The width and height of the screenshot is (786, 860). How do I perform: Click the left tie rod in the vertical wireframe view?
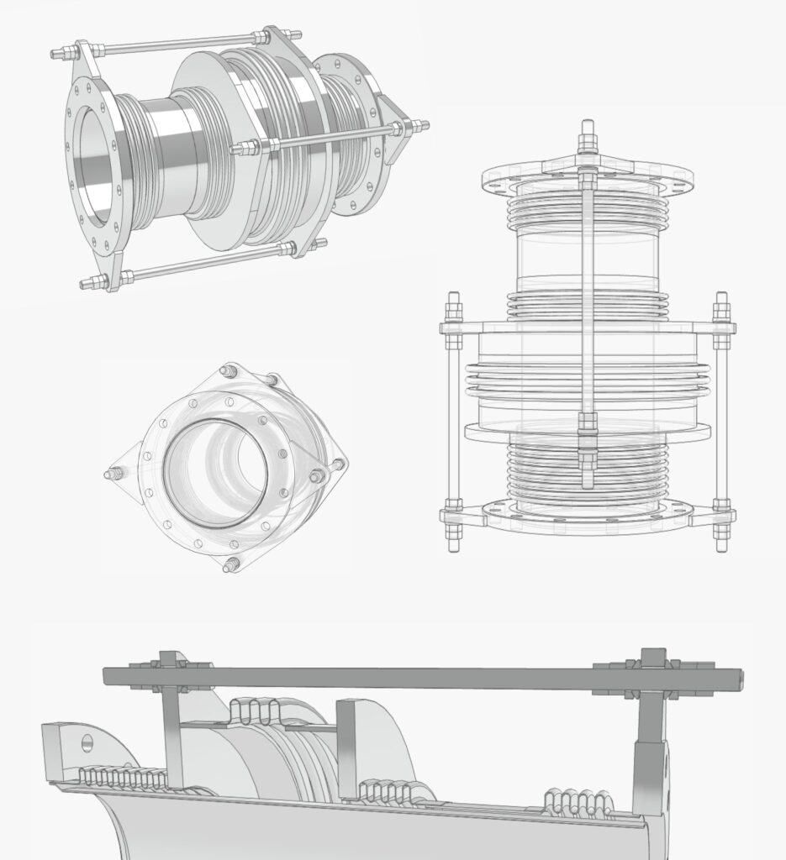point(454,420)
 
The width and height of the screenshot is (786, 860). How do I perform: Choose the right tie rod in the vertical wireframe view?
point(721,420)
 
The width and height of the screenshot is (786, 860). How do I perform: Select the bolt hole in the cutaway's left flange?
point(87,743)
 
